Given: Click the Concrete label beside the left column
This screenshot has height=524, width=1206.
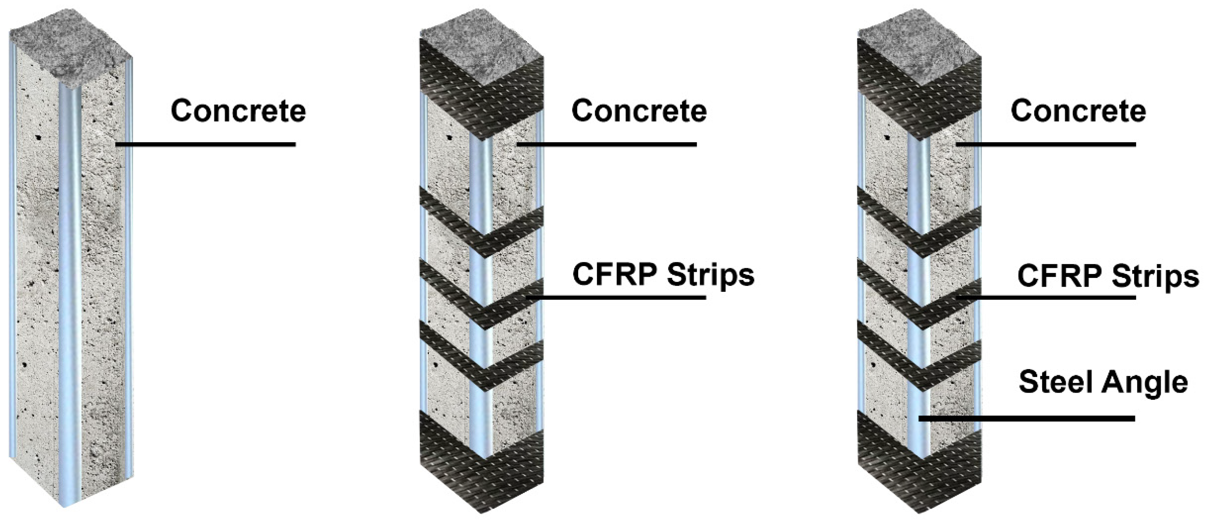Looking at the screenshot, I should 238,111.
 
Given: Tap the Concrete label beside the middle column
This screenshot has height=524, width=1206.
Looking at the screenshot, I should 639,111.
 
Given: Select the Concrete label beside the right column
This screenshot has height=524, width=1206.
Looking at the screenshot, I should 1078,111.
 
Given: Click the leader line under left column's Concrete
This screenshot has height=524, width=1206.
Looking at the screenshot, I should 206,144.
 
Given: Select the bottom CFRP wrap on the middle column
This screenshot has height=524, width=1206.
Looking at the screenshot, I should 482,478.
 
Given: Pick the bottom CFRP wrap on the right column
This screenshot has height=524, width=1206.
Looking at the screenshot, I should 920,478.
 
